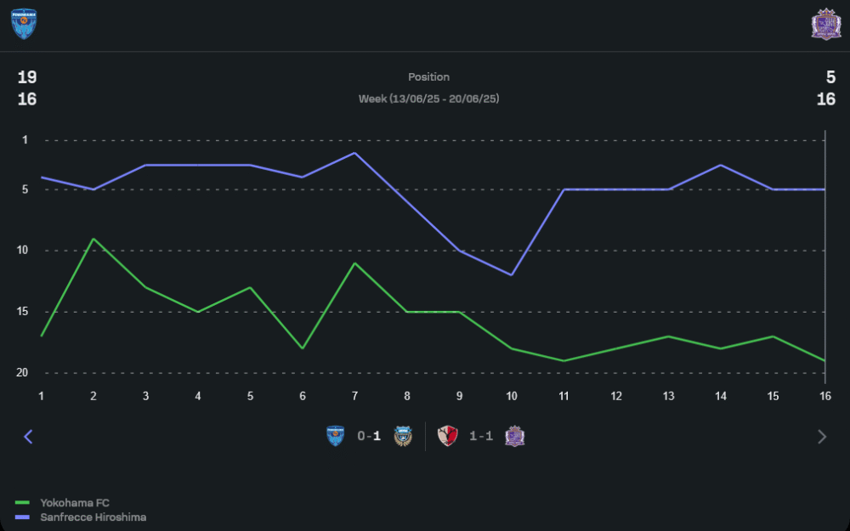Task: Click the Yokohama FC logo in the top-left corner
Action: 23,25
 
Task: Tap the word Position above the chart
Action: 428,77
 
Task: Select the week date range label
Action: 428,99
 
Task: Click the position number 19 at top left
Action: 27,77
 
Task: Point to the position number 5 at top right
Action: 830,77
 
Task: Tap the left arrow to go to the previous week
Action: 28,437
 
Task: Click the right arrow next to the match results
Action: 821,437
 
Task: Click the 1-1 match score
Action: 481,437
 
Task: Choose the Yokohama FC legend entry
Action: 75,503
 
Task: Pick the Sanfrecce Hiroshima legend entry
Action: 93,517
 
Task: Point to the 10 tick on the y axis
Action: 22,251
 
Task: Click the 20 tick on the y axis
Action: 22,373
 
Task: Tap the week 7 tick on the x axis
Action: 354,396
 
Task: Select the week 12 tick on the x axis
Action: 616,396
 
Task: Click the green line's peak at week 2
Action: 93,239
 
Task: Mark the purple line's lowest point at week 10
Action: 512,274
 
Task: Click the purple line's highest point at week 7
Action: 354,153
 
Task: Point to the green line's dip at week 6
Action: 303,348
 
